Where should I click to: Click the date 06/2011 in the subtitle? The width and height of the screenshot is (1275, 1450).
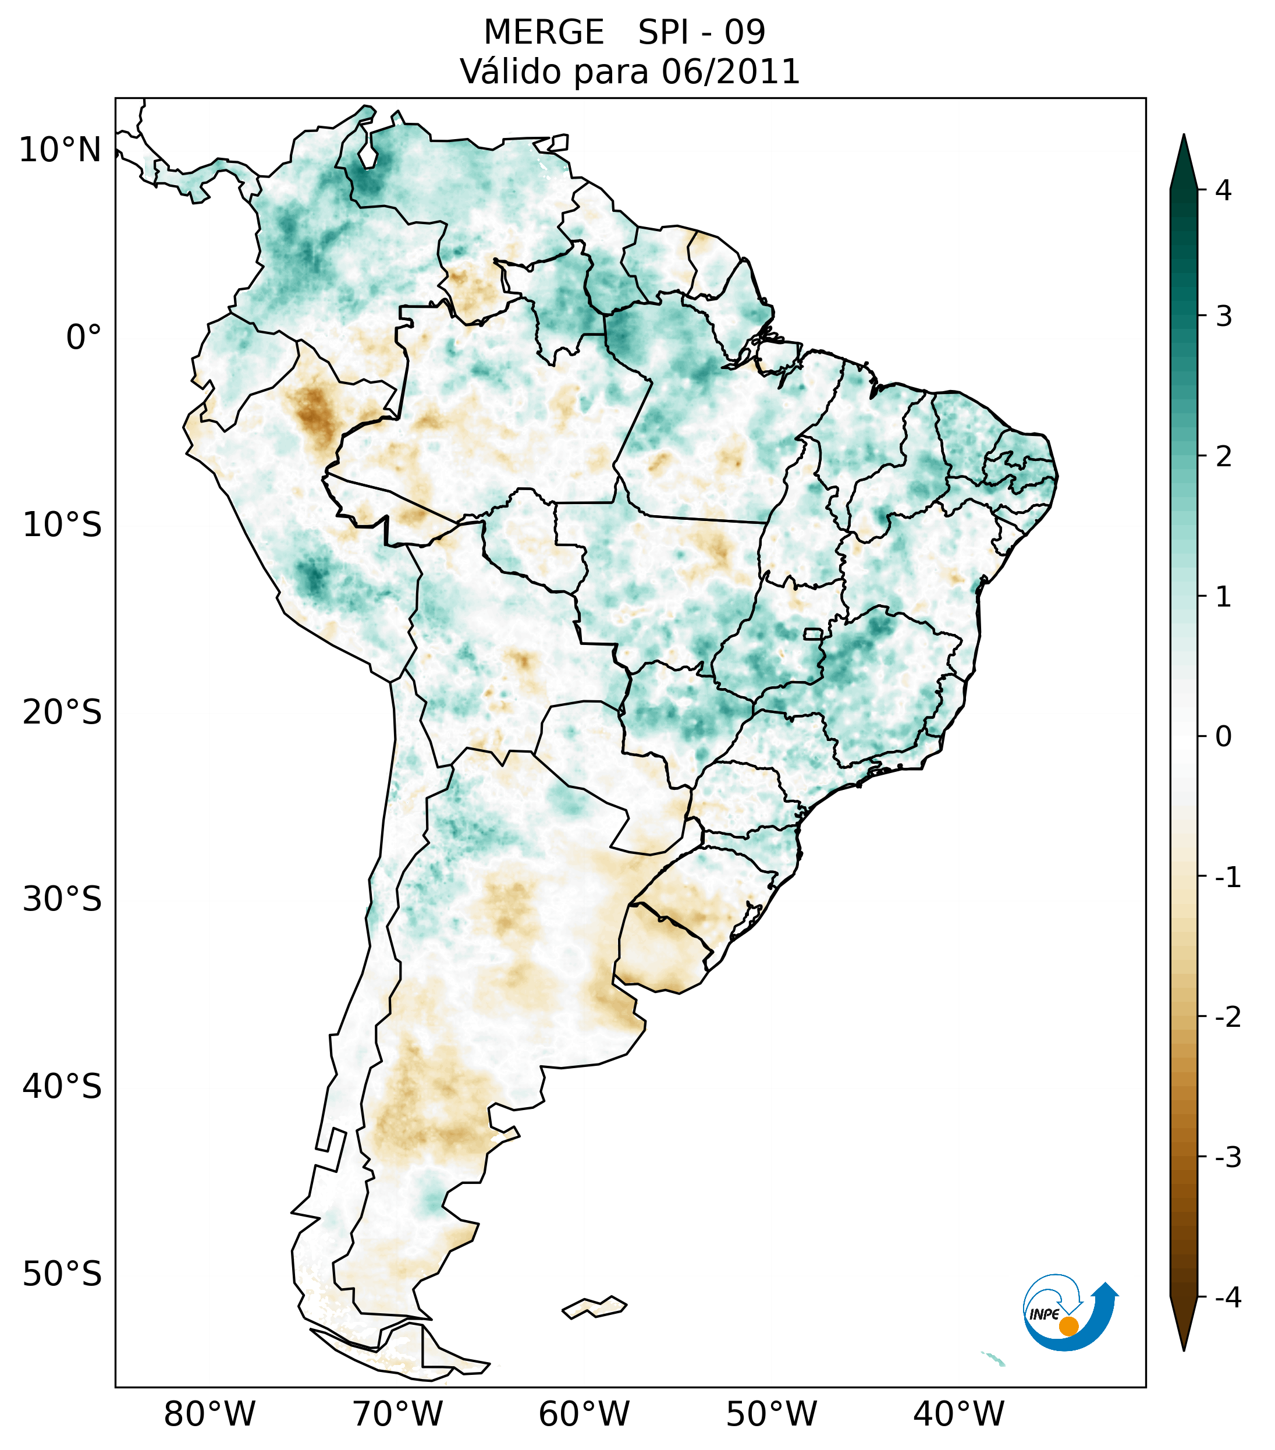(730, 72)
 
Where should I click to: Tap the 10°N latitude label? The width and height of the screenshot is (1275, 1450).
(59, 150)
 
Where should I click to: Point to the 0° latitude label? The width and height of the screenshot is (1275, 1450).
(84, 337)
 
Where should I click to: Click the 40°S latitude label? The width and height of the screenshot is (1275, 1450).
(62, 1086)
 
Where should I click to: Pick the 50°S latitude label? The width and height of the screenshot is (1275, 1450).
(62, 1274)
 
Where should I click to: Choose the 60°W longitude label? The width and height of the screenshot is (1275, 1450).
(584, 1414)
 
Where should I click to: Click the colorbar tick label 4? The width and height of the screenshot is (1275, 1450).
(1223, 190)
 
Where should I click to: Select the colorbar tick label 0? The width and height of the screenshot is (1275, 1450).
(1223, 736)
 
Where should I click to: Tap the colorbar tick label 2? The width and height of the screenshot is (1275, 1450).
(1223, 457)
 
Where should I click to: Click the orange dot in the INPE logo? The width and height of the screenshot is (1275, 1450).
(1068, 1326)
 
